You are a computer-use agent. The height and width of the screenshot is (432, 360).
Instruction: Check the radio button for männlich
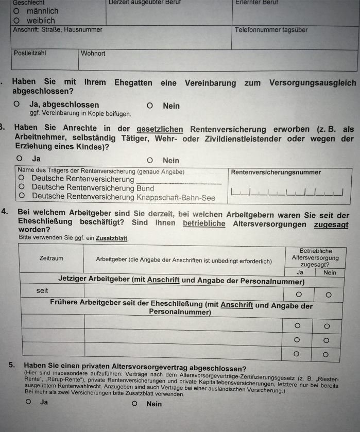click(16, 11)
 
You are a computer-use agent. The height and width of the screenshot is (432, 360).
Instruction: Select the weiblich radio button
click(16, 21)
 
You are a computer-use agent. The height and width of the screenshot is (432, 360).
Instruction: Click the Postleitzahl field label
click(30, 53)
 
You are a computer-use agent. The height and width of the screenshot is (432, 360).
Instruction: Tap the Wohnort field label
click(93, 53)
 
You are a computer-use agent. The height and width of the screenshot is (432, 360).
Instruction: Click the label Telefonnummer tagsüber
click(271, 30)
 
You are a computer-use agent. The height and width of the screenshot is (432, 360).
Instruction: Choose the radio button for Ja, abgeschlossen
click(17, 105)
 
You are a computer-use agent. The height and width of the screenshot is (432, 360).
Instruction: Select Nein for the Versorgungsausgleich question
click(149, 106)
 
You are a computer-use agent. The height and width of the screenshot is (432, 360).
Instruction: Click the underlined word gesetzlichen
click(160, 129)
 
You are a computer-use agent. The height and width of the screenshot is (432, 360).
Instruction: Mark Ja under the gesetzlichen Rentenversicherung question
click(20, 159)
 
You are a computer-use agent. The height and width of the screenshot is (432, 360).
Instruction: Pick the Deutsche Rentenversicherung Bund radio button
click(22, 188)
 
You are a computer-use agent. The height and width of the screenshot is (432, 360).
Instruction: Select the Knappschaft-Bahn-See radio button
click(22, 196)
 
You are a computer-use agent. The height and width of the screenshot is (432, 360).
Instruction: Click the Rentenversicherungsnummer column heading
click(276, 172)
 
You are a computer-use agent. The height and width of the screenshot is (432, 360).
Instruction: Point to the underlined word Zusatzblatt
click(112, 238)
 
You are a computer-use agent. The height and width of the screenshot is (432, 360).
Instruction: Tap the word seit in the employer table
click(42, 291)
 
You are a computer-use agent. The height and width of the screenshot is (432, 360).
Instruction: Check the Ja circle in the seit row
click(298, 294)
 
